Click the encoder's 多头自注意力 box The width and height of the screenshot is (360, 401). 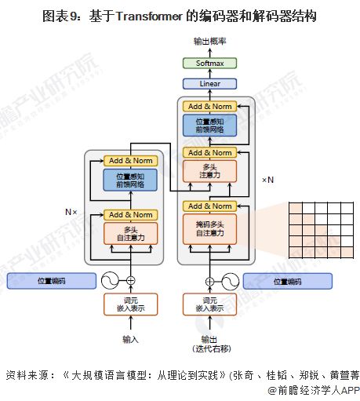coord(131,232)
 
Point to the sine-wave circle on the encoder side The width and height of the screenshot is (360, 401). coord(110,280)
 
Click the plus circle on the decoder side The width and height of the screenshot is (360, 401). coord(209,281)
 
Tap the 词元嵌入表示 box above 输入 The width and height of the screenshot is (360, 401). coord(131,304)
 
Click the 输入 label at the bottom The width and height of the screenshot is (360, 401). coord(131,339)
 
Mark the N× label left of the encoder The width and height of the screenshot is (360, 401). coord(71,212)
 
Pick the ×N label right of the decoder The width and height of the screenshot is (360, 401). coord(268,180)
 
